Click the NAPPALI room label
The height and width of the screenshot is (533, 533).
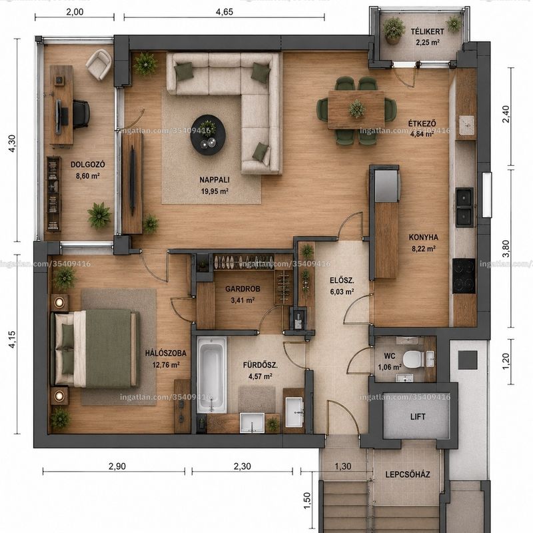[x=214, y=180]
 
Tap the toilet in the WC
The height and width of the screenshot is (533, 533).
[x=414, y=359]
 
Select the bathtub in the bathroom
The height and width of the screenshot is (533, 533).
[x=211, y=374]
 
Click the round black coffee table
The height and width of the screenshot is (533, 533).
[x=208, y=135]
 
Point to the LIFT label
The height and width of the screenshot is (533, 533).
[x=418, y=416]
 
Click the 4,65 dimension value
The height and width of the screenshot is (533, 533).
[x=225, y=12]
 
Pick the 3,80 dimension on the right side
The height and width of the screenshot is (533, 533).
[x=506, y=249]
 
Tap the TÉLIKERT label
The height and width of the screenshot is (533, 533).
[x=427, y=31]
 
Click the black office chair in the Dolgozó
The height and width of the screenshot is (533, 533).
[x=81, y=114]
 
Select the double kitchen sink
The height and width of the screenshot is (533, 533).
[x=464, y=207]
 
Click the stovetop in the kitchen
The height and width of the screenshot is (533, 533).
[x=464, y=276]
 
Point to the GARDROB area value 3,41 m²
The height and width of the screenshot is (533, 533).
[x=243, y=300]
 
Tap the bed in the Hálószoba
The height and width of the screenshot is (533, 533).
[x=95, y=348]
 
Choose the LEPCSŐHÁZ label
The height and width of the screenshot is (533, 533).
[x=408, y=474]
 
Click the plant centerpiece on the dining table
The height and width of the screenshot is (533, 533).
[x=356, y=109]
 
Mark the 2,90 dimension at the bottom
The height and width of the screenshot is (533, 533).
[x=117, y=466]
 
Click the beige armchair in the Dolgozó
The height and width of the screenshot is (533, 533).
[x=99, y=64]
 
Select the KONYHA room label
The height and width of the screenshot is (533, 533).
[x=424, y=237]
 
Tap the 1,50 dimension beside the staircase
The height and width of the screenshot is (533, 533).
[x=307, y=501]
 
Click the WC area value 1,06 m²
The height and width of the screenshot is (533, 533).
[x=390, y=367]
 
